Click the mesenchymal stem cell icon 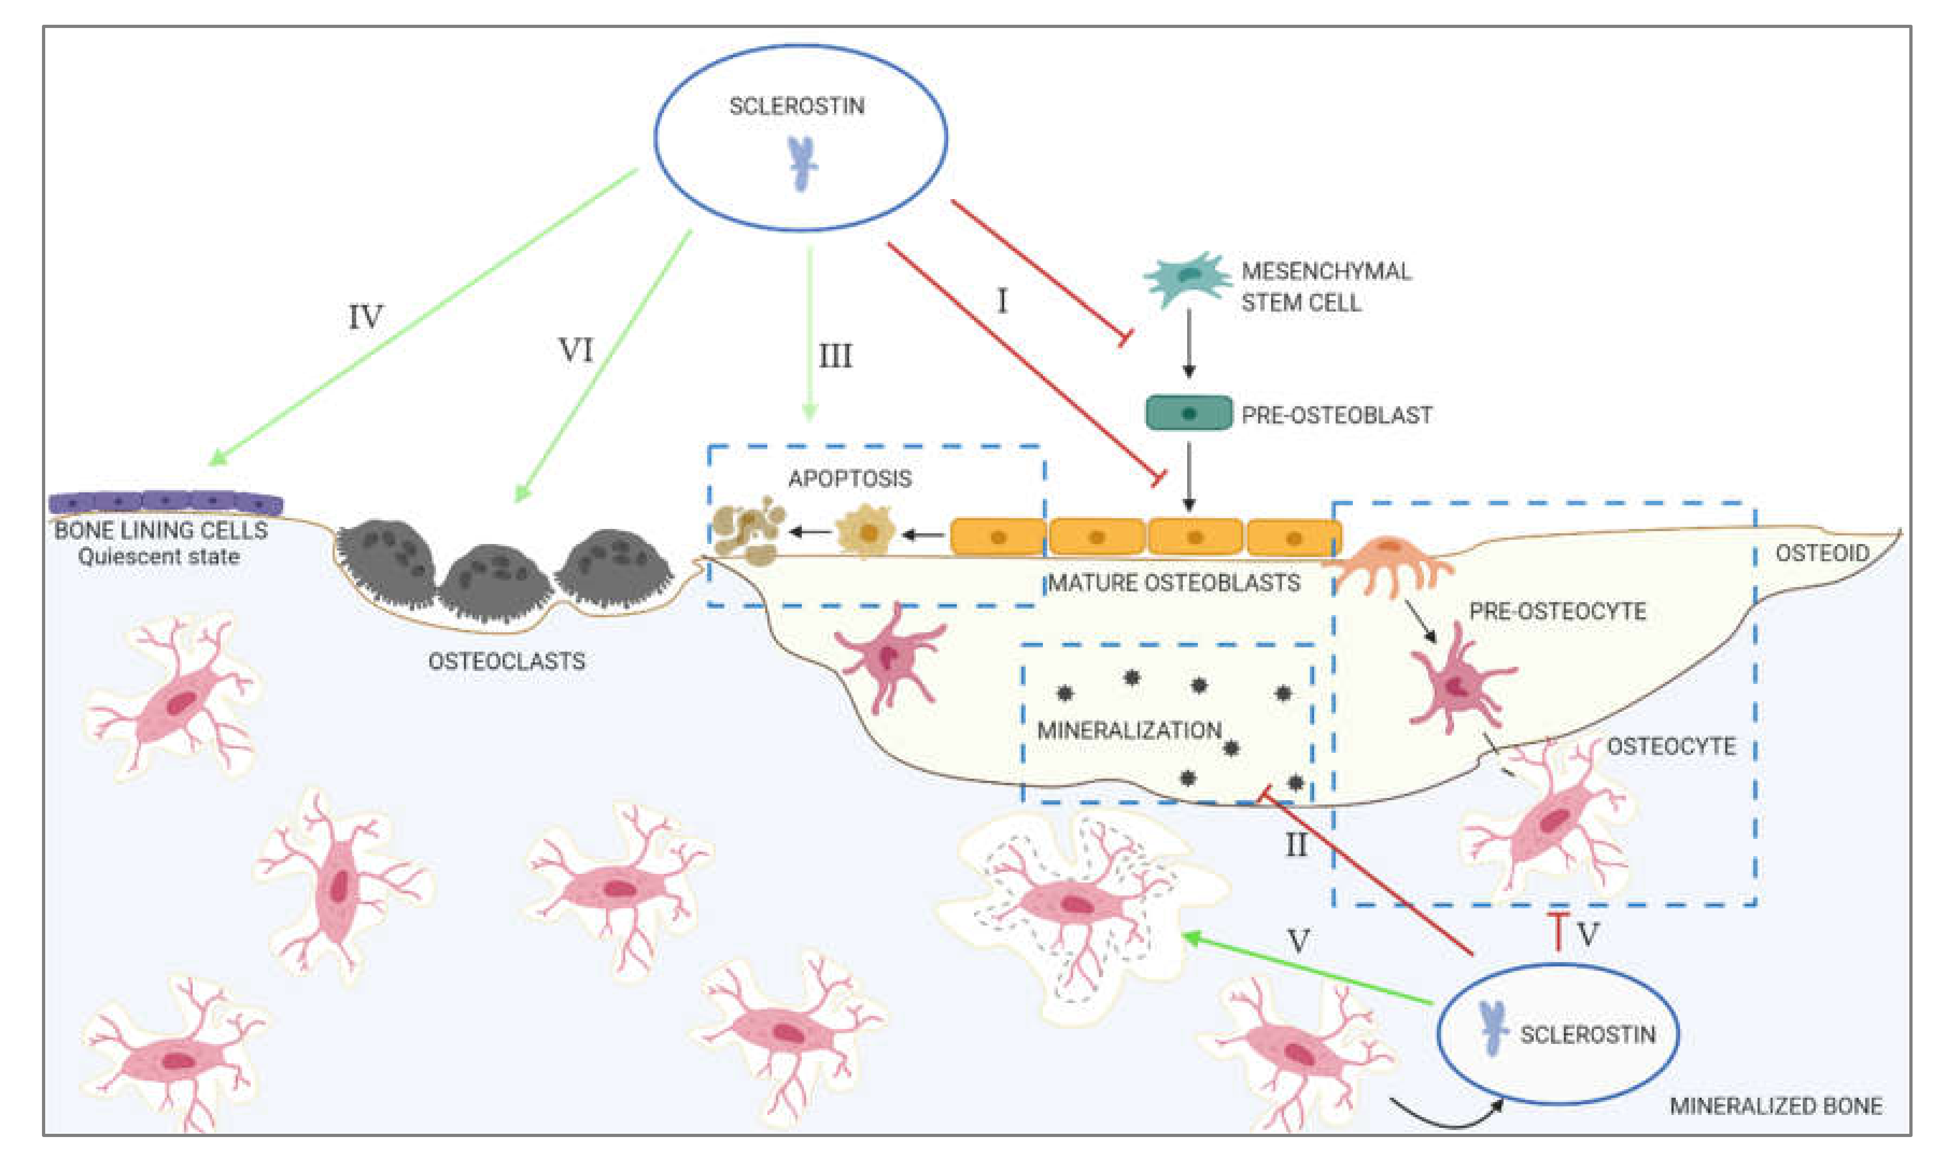[x=1188, y=279]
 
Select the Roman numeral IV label [x=365, y=317]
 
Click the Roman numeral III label [x=835, y=357]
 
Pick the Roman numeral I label [x=1002, y=300]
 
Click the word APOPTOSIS [x=850, y=478]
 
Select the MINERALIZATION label [x=1129, y=730]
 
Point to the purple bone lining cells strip [x=165, y=503]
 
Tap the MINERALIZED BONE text [x=1775, y=1106]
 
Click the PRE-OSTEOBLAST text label [x=1337, y=414]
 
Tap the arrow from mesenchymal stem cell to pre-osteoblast [x=1189, y=343]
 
